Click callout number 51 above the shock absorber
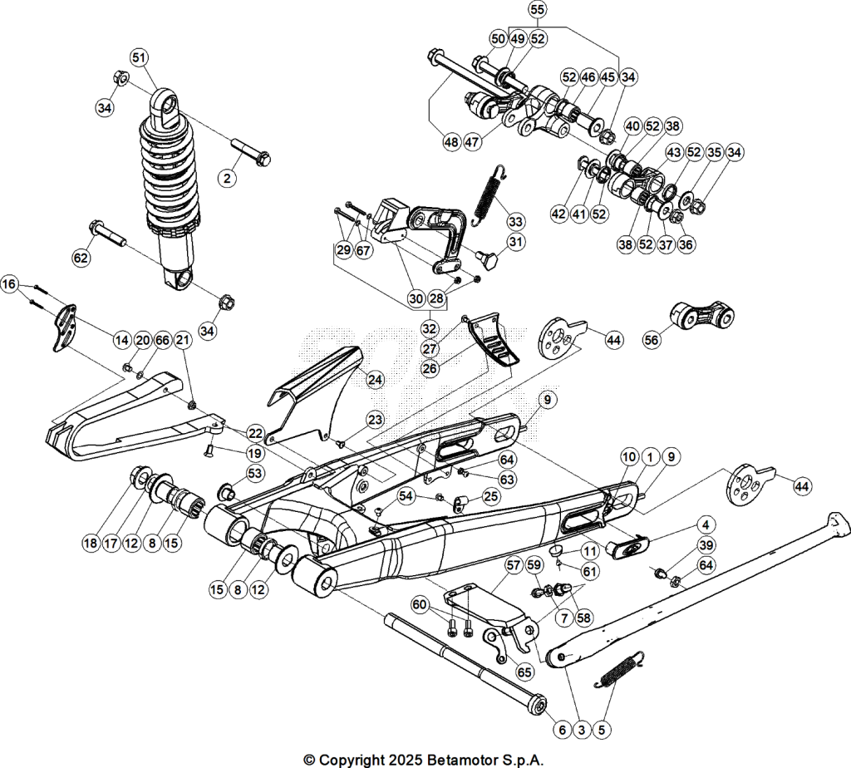click(140, 57)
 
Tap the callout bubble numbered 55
click(537, 10)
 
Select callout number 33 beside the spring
click(515, 221)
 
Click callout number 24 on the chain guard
click(376, 379)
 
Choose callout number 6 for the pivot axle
click(563, 730)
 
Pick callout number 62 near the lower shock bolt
click(81, 258)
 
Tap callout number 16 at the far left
click(10, 284)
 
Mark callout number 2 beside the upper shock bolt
click(228, 178)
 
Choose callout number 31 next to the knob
click(515, 242)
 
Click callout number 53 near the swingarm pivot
click(254, 473)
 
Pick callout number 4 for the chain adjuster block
click(705, 524)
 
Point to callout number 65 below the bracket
click(524, 672)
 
